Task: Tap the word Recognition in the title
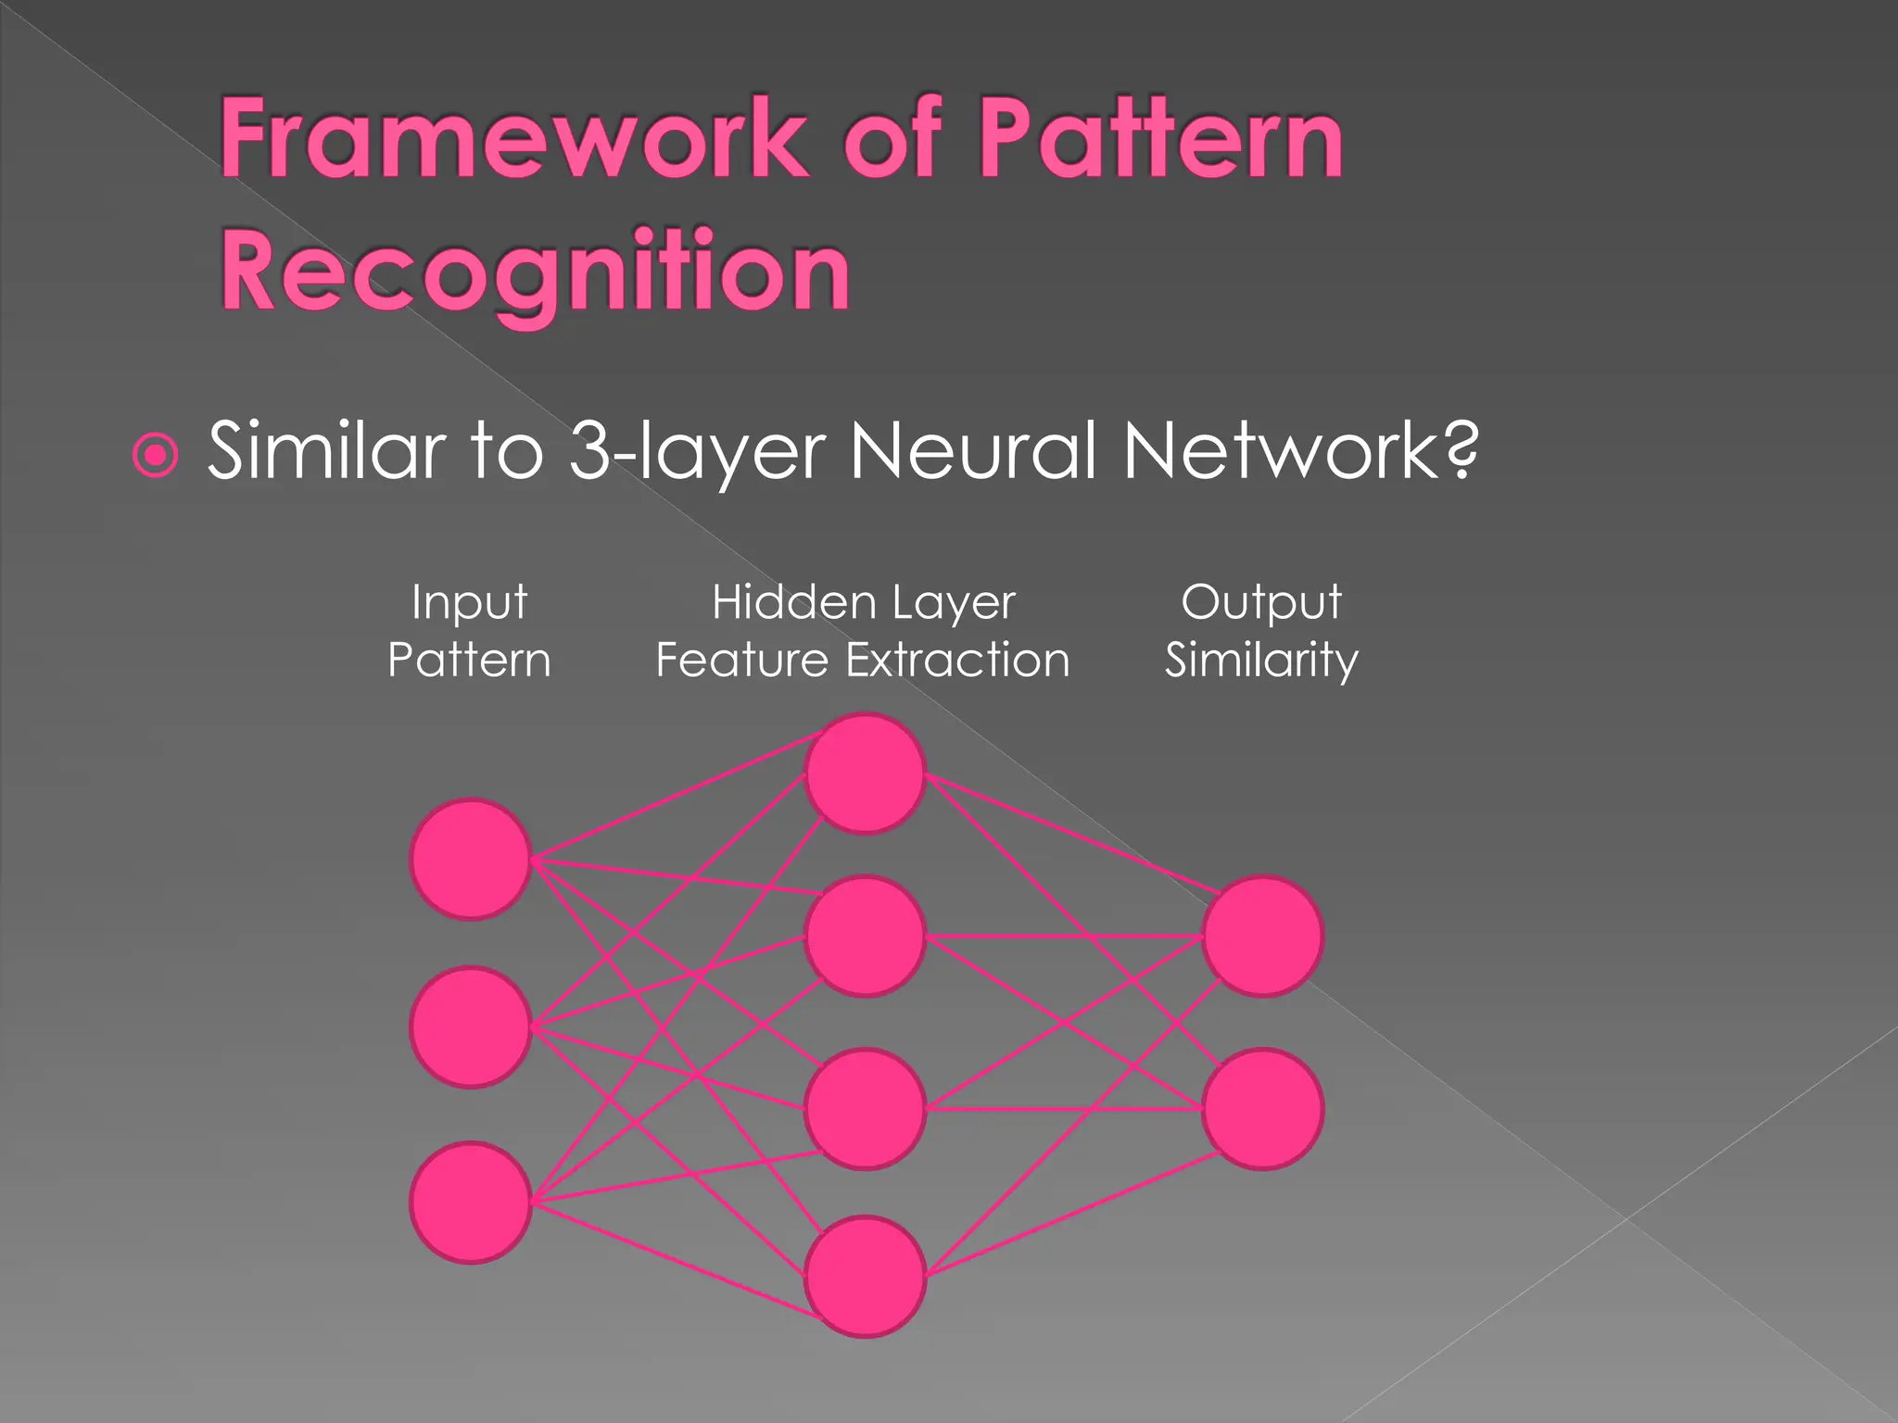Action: coord(535,271)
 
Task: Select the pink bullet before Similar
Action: coord(156,455)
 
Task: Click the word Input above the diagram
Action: coord(469,603)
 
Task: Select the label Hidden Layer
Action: coord(863,603)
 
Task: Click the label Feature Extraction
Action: coord(863,661)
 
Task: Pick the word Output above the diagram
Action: coord(1261,603)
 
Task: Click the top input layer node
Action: coord(471,860)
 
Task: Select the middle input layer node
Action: coord(471,1027)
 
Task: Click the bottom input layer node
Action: coord(471,1203)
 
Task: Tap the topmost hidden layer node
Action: coord(865,774)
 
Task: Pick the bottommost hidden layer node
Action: coord(865,1277)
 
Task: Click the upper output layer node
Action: coord(1262,937)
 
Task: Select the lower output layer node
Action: coord(1262,1109)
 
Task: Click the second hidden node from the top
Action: coord(865,937)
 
